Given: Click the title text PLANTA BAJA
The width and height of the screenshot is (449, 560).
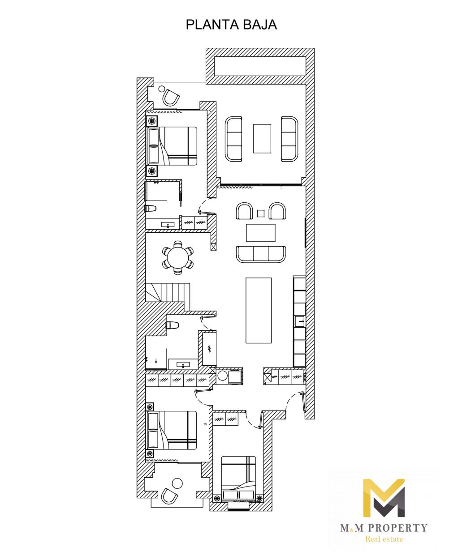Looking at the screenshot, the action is pyautogui.click(x=231, y=25).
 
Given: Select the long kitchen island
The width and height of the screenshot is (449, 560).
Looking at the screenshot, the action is pyautogui.click(x=259, y=310).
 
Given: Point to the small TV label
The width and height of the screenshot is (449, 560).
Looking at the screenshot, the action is pyautogui.click(x=205, y=424).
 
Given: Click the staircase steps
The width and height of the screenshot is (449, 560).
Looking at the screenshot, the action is pyautogui.click(x=168, y=292).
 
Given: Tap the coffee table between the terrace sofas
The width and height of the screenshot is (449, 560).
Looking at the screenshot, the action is pyautogui.click(x=262, y=138).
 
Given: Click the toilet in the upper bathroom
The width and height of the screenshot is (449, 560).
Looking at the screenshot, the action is pyautogui.click(x=151, y=208).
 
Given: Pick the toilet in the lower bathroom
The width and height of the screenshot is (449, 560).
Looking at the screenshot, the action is pyautogui.click(x=173, y=325).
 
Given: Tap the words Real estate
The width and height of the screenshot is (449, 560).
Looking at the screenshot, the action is pyautogui.click(x=384, y=537).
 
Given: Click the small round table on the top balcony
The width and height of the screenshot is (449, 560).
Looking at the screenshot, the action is pyautogui.click(x=162, y=89).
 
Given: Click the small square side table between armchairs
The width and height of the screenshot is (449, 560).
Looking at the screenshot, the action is pyautogui.click(x=260, y=214).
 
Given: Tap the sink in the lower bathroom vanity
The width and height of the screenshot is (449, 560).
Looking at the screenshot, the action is pyautogui.click(x=183, y=364).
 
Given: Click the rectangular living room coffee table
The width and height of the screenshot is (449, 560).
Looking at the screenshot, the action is pyautogui.click(x=261, y=233).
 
